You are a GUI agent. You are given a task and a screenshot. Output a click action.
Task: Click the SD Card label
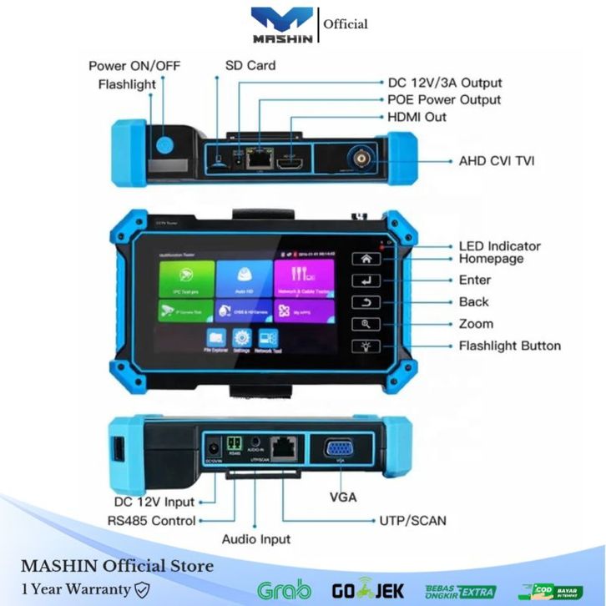[x=250, y=65]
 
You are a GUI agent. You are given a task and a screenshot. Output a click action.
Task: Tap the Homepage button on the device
[x=366, y=259]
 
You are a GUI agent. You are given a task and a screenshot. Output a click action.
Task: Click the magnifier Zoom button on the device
[x=366, y=324]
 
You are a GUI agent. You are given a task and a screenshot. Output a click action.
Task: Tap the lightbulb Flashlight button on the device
[x=366, y=346]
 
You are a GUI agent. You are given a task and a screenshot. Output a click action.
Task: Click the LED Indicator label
[x=499, y=246]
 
